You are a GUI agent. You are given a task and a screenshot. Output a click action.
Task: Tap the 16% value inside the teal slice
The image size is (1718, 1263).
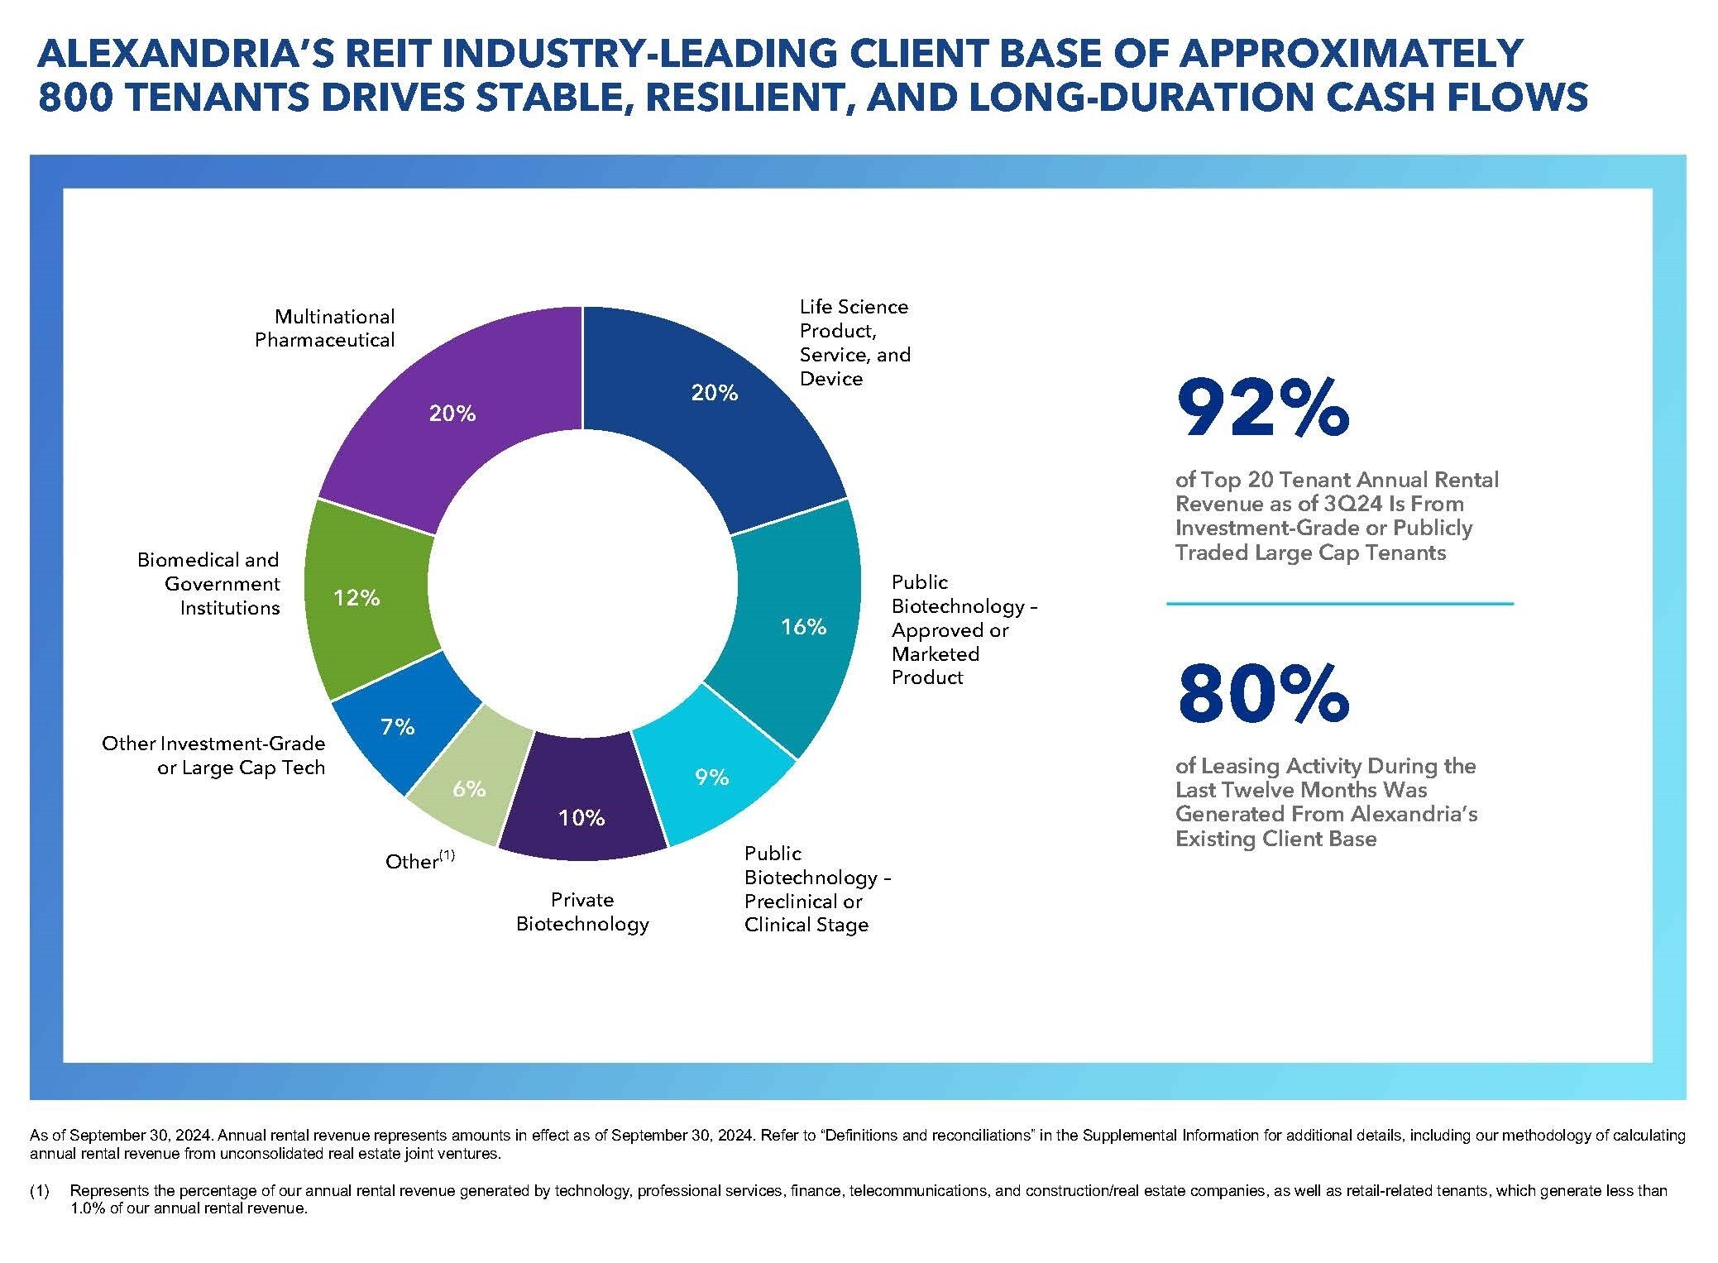(804, 627)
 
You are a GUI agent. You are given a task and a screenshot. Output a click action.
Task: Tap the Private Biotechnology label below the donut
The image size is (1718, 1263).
(582, 911)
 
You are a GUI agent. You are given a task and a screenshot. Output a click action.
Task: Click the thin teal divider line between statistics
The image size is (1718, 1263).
(1340, 604)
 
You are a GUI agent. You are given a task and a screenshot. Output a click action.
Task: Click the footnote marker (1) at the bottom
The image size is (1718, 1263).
(40, 1191)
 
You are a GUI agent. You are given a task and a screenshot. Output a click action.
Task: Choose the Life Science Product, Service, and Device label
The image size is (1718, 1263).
(854, 342)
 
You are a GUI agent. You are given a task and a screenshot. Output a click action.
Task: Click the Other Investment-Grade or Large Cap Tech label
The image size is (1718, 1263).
(213, 755)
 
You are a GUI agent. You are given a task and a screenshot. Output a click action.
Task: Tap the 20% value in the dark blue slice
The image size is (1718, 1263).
(715, 393)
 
